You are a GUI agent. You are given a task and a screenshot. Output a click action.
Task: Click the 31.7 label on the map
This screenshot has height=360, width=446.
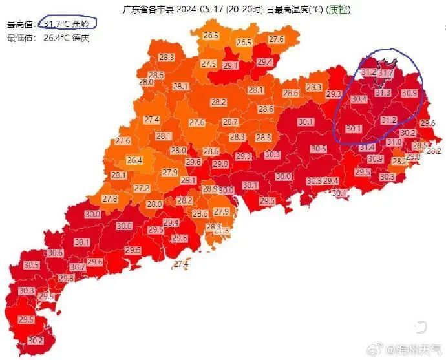(x=385, y=74)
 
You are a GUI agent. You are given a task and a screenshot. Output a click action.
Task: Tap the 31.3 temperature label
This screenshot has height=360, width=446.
(x=383, y=93)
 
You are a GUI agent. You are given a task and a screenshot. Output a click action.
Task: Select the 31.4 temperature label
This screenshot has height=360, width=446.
(x=367, y=147)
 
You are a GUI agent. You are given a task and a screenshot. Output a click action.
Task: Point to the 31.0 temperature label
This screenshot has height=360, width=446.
(x=394, y=142)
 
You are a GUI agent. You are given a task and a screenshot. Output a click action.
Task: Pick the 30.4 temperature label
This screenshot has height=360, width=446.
(x=359, y=99)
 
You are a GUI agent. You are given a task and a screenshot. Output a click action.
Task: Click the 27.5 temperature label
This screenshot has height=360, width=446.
(x=208, y=63)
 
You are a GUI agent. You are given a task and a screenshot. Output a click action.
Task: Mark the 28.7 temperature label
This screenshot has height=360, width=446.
(x=231, y=122)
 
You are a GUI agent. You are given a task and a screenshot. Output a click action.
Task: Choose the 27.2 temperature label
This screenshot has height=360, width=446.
(x=142, y=188)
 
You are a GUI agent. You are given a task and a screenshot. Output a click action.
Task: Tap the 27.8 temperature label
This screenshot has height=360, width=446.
(x=110, y=199)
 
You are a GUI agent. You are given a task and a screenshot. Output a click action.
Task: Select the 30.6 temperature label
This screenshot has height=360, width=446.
(x=56, y=253)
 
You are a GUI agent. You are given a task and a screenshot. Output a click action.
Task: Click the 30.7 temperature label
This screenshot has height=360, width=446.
(x=78, y=267)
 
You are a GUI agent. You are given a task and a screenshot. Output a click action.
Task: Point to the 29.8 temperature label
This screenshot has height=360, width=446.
(x=66, y=278)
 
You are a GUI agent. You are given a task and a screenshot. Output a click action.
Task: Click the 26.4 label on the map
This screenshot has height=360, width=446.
(x=134, y=160)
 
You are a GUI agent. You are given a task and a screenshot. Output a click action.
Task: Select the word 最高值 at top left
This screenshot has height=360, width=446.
(x=19, y=25)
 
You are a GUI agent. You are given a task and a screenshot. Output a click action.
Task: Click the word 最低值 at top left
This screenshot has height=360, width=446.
(x=19, y=38)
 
